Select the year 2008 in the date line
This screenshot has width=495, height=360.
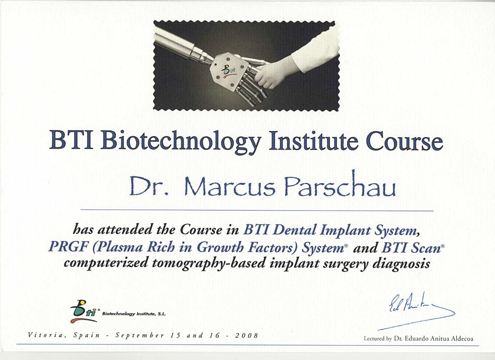[x=247, y=335]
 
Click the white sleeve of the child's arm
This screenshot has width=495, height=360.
[x=314, y=51]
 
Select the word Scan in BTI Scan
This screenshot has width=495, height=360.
[x=426, y=247]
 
